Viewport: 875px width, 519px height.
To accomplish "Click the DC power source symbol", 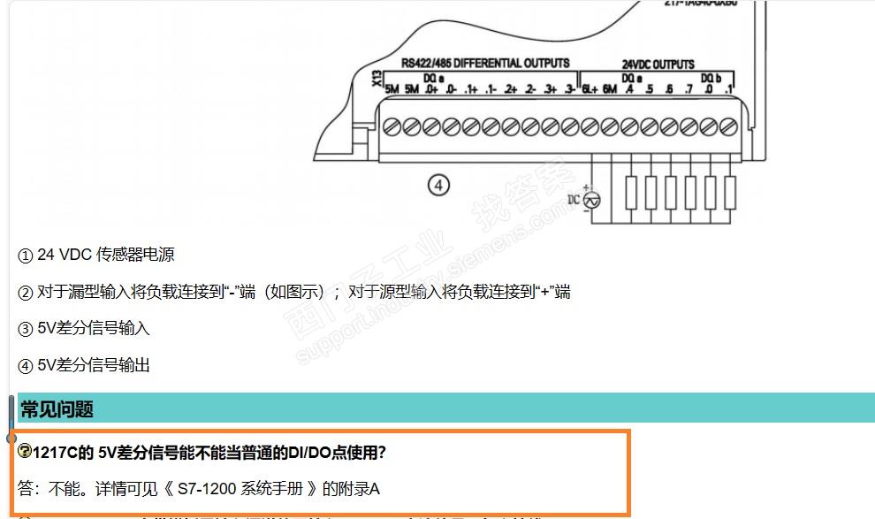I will click(x=593, y=201).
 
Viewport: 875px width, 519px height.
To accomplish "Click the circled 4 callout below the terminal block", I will click(x=438, y=185).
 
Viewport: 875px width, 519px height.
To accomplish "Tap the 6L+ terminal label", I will click(x=590, y=90).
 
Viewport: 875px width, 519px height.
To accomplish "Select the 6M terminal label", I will click(x=610, y=90).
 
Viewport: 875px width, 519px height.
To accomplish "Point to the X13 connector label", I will click(x=377, y=80).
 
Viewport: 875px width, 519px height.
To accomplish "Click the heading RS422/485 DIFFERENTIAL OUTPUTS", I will click(x=485, y=64).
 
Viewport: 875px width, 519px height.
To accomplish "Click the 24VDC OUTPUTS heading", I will click(x=658, y=65).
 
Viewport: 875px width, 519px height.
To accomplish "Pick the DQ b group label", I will click(x=711, y=78).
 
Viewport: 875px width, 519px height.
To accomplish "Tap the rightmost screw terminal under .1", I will click(x=729, y=127).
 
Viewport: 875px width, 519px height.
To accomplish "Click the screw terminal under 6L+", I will click(x=590, y=127).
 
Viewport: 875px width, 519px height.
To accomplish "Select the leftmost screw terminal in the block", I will click(x=392, y=127).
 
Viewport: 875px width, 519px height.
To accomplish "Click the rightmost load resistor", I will click(x=730, y=192).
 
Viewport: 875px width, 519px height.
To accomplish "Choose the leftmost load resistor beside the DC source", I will click(x=631, y=192).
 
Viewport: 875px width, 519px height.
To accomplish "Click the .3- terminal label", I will click(x=570, y=90).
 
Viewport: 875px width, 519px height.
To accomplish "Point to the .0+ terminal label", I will click(x=431, y=90).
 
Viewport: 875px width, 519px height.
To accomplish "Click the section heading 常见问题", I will click(x=57, y=409).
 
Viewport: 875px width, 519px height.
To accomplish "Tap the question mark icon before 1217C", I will click(x=25, y=452).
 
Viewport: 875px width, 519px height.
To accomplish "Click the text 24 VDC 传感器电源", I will click(x=105, y=255).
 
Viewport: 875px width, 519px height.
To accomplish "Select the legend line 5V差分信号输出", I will click(x=94, y=364).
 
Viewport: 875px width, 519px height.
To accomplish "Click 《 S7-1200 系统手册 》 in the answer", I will click(x=239, y=488).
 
